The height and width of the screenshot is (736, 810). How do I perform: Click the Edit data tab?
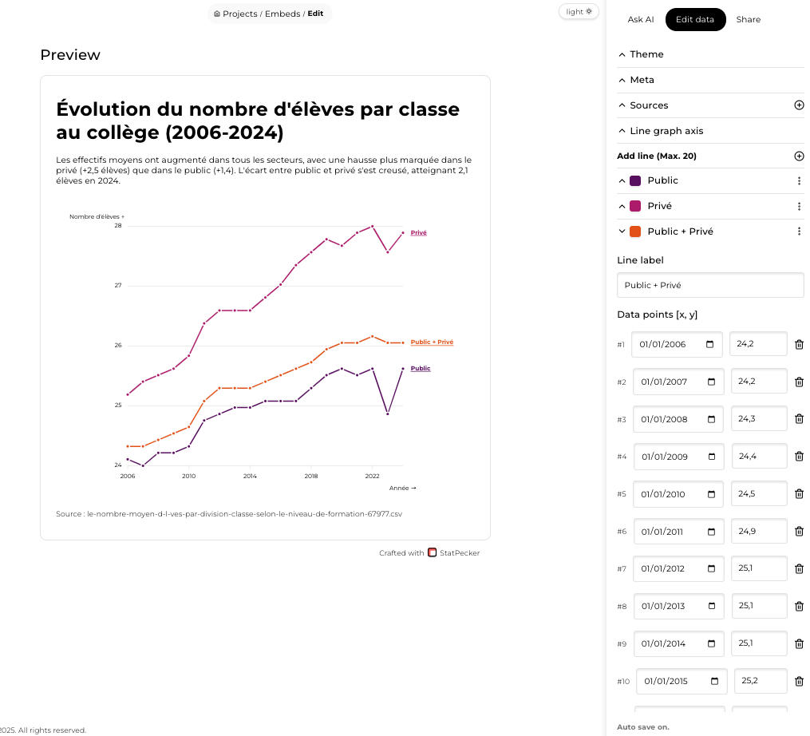coord(694,19)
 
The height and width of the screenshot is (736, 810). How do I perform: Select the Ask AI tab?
coord(641,19)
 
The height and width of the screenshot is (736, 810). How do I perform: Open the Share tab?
coord(748,19)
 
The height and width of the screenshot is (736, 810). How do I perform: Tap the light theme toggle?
coord(579,11)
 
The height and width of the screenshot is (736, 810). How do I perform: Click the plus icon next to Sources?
coord(799,105)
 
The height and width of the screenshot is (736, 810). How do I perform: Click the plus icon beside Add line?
coord(799,156)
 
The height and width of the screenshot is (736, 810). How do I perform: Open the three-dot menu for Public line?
coord(799,181)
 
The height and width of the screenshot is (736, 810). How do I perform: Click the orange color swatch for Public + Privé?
coord(635,231)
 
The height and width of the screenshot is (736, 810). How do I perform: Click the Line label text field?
coord(710,285)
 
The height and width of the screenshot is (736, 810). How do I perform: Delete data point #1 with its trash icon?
coord(799,345)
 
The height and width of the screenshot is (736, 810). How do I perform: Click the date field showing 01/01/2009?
coord(678,457)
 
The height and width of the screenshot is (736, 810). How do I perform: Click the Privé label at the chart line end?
coord(418,232)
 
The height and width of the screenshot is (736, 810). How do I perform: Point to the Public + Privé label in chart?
coord(432,342)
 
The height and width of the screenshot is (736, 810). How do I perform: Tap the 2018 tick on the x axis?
coord(310,476)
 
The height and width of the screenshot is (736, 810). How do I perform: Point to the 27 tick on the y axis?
coord(117,285)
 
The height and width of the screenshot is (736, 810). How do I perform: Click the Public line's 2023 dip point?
coord(387,414)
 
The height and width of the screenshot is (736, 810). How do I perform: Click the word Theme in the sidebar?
coord(646,54)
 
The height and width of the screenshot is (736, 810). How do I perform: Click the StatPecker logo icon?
coord(433,552)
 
